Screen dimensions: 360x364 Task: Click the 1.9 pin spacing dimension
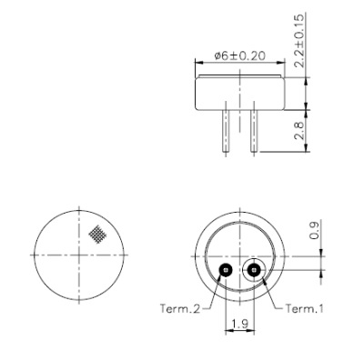point(238,325)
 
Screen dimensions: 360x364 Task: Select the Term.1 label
point(304,308)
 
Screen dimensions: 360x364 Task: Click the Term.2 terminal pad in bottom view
point(224,269)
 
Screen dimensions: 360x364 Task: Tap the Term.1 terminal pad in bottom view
point(252,269)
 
